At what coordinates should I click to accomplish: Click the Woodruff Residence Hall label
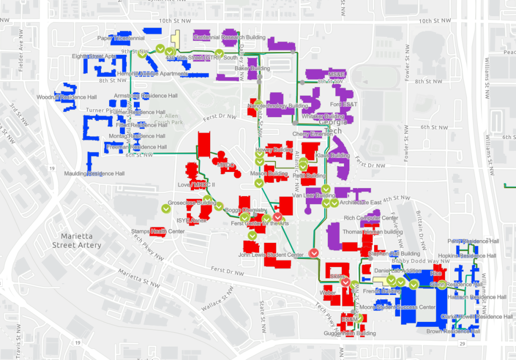[67, 97]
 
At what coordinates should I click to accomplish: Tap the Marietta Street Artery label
[77, 241]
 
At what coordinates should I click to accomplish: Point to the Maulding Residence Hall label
[95, 174]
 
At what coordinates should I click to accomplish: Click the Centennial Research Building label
[229, 38]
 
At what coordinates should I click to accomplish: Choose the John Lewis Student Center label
[271, 255]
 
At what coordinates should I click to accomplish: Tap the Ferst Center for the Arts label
[260, 223]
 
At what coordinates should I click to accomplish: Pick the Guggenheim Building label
[350, 333]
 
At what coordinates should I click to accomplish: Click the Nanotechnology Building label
[277, 106]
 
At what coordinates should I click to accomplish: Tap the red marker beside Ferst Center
[277, 217]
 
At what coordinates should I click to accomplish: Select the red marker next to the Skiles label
[346, 282]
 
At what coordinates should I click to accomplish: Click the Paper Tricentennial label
[121, 38]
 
